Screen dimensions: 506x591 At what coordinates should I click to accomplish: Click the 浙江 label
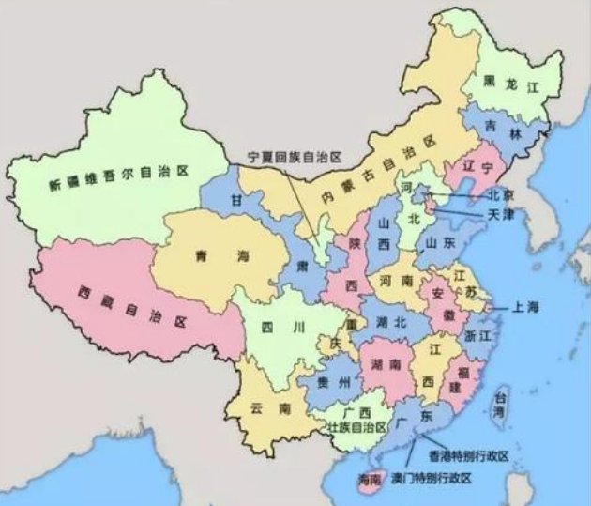pos(478,335)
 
